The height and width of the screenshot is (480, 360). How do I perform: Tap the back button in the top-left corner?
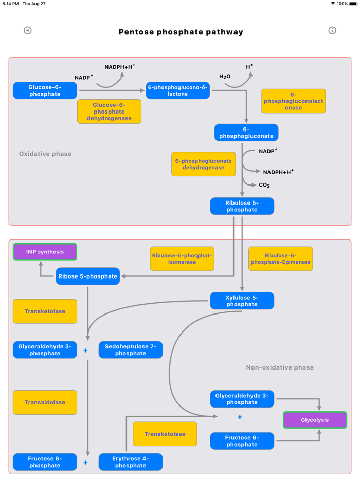[x=28, y=31]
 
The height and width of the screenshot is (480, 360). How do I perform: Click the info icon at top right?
[x=332, y=31]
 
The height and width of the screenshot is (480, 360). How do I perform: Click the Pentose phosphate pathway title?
[x=181, y=32]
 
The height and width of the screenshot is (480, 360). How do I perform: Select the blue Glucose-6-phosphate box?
[x=45, y=90]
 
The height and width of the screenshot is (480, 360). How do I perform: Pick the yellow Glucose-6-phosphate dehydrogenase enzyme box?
[x=109, y=112]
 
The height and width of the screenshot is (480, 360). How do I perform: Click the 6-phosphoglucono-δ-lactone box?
[x=178, y=90]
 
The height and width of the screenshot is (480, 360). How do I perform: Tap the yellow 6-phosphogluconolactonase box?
[x=293, y=101]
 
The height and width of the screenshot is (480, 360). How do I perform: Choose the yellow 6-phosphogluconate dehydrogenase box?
[x=204, y=164]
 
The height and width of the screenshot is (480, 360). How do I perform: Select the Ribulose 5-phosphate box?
[x=242, y=206]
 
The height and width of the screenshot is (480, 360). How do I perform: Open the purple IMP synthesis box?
[x=45, y=252]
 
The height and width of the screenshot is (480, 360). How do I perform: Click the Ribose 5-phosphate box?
[x=88, y=276]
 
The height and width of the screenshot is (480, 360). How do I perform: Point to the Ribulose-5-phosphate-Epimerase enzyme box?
[x=280, y=259]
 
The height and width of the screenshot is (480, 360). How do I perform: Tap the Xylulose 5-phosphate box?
[x=242, y=301]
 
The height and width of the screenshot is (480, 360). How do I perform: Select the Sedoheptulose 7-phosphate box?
[x=131, y=350]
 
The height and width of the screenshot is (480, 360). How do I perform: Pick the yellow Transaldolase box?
[x=45, y=402]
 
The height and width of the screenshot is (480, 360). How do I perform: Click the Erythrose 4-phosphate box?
[x=131, y=462]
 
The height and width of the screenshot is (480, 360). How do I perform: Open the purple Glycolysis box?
[x=315, y=420]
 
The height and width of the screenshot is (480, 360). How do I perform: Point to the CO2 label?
[x=264, y=185]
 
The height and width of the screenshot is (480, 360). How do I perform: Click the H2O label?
[x=225, y=77]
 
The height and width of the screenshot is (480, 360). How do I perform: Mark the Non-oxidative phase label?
[x=280, y=367]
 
